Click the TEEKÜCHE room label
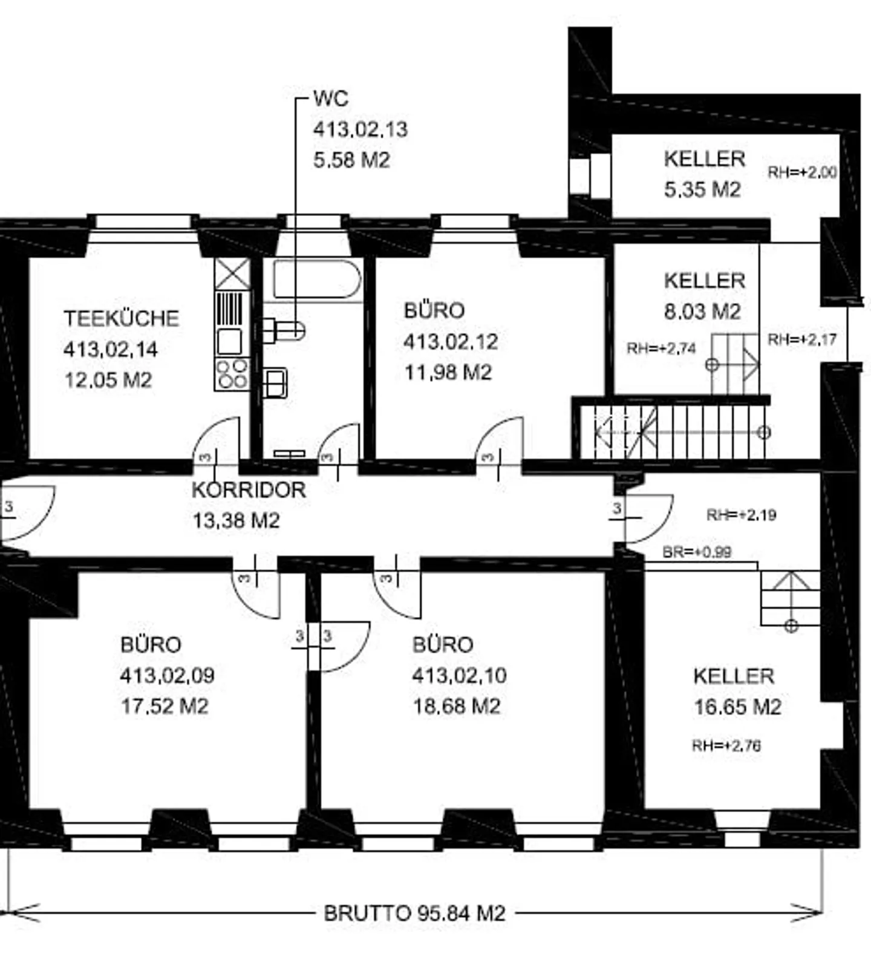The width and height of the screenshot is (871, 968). tap(122, 318)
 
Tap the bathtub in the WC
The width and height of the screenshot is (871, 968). tap(317, 279)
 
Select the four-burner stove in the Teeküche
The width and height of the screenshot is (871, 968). tap(232, 374)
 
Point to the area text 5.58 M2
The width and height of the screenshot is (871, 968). tap(351, 160)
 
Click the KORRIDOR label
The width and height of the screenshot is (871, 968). tap(249, 489)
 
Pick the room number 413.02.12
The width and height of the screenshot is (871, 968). tap(451, 341)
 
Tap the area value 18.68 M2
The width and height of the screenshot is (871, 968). tap(457, 706)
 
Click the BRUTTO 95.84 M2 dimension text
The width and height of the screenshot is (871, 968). tap(414, 913)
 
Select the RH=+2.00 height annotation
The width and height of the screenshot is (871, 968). tap(802, 172)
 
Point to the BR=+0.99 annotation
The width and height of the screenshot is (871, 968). tap(697, 552)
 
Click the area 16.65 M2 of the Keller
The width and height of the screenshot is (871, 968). tap(737, 707)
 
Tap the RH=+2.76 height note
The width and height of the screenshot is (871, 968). tap(726, 745)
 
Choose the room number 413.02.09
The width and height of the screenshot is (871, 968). tap(167, 675)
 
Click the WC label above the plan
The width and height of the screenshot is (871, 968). tap(331, 99)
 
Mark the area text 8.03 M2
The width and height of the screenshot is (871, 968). tap(702, 312)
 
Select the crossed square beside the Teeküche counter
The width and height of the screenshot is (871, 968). tap(232, 274)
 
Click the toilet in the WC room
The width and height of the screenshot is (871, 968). tap(284, 330)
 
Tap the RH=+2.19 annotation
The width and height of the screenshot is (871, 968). tap(741, 515)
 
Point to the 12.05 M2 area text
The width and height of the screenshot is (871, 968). tap(108, 380)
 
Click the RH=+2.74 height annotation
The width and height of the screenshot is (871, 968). tap(661, 348)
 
